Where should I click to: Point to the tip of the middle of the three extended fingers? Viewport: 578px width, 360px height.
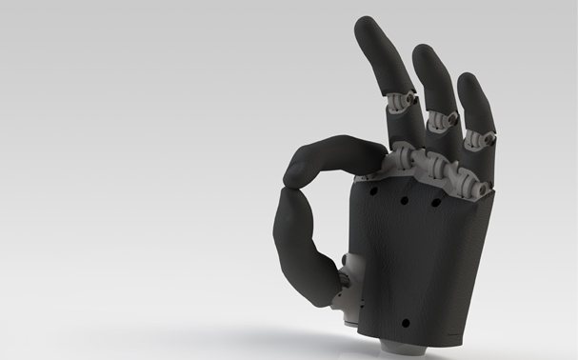point(424,51)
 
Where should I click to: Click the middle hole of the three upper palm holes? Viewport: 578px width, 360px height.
point(405,201)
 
